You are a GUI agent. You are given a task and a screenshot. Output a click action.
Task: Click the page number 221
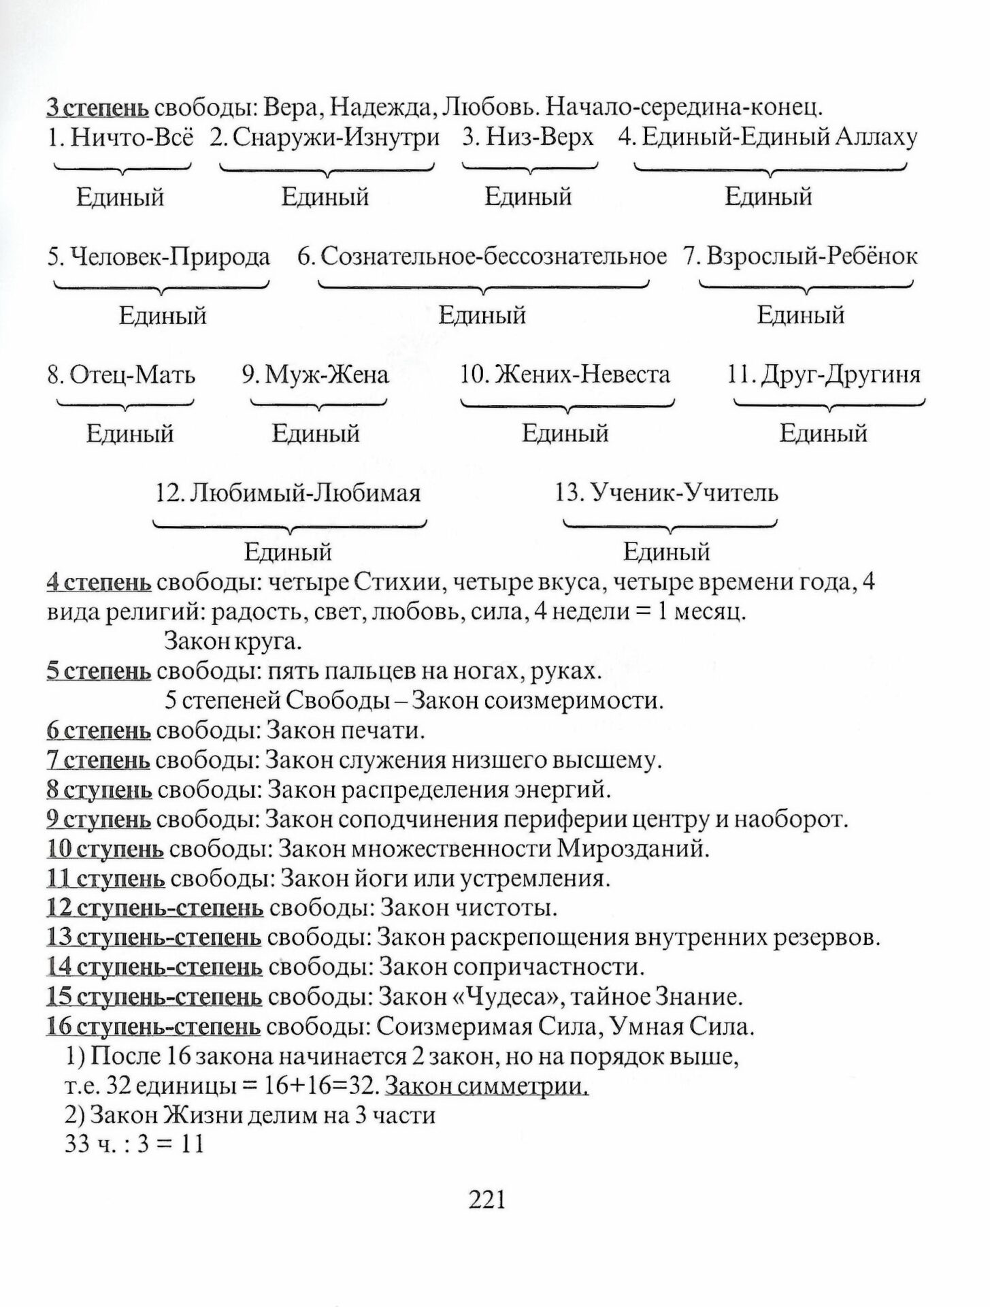(x=487, y=1217)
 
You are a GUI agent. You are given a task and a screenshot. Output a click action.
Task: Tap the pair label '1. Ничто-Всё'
(x=120, y=138)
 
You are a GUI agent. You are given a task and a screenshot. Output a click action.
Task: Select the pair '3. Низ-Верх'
(x=528, y=138)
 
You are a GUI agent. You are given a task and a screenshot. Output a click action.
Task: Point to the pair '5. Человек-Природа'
(x=159, y=257)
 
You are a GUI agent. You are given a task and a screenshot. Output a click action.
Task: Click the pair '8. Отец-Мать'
(x=122, y=375)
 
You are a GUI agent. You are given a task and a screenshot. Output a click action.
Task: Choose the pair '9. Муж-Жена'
(x=316, y=375)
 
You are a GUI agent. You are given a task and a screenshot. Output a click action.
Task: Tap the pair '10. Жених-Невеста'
(x=565, y=375)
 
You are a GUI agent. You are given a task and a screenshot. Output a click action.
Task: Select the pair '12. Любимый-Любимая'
(x=288, y=493)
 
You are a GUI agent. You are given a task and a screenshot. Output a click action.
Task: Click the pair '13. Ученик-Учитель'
(x=667, y=493)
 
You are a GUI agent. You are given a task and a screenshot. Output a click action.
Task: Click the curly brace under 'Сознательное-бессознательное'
(x=484, y=287)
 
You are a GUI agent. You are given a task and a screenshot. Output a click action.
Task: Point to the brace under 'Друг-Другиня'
(x=829, y=406)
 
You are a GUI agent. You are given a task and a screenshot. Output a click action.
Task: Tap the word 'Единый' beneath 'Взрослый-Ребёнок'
(x=801, y=315)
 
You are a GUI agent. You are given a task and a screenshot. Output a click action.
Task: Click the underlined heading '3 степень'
(x=97, y=108)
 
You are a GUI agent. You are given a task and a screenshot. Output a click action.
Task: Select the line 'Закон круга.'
(x=233, y=641)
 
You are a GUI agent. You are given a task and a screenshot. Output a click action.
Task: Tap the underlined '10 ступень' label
(x=105, y=850)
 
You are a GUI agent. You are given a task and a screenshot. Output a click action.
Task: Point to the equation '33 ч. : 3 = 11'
(x=135, y=1144)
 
